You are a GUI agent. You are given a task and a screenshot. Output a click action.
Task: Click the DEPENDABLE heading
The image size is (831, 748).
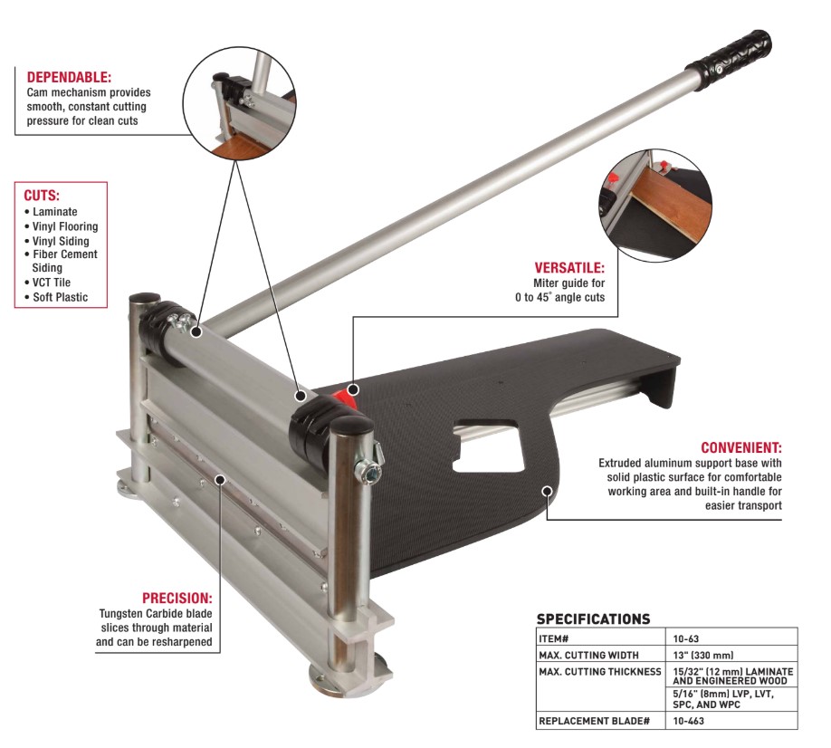coord(69,77)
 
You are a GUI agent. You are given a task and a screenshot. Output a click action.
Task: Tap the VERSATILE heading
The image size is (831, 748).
coord(569,268)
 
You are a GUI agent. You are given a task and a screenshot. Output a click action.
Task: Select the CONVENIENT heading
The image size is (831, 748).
coord(740,448)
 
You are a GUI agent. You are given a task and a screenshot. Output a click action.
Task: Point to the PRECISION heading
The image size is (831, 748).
coord(177,599)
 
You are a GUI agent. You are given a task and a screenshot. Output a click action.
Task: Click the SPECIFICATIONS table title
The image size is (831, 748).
coord(593,619)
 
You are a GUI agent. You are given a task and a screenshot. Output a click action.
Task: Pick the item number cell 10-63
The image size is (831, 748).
coord(686,638)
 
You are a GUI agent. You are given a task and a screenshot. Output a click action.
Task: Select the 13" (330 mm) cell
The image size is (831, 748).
coord(703,656)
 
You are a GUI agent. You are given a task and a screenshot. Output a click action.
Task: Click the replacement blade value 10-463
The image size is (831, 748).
coord(689,721)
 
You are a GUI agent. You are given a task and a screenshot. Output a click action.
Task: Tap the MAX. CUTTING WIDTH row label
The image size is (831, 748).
coord(588,656)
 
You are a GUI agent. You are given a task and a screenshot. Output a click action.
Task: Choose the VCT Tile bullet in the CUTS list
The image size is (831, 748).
coord(48,283)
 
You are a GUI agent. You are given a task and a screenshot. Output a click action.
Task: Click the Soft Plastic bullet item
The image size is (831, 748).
coord(56,297)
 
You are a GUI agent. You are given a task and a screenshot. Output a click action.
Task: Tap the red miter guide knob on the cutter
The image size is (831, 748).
coord(343,396)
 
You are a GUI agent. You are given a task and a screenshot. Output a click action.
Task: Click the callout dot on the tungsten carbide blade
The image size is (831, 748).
coord(220,480)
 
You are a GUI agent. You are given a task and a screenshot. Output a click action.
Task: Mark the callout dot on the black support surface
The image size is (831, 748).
coord(548,490)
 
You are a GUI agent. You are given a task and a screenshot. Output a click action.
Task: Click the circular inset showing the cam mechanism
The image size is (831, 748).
coord(240,103)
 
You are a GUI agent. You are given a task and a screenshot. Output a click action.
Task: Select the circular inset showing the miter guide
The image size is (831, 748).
coord(655,206)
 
